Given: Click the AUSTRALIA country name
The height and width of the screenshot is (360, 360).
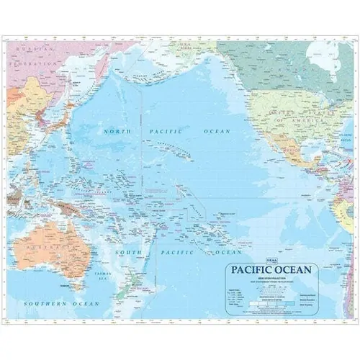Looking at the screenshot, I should pyautogui.click(x=50, y=247).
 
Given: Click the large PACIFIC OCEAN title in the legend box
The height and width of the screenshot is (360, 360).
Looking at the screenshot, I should pyautogui.click(x=271, y=271).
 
